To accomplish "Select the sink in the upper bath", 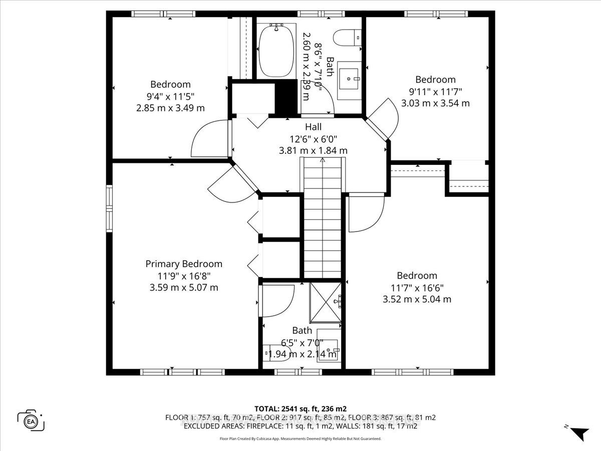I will click(349, 80).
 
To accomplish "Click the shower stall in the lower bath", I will click(326, 302).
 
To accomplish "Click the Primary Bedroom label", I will click(184, 264).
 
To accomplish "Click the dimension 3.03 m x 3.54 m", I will click(435, 103).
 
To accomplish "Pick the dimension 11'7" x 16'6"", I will click(417, 288).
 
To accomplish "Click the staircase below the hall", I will click(322, 218).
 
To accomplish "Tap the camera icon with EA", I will click(31, 420).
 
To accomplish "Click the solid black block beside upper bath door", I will click(286, 98).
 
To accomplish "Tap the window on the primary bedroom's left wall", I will click(109, 209).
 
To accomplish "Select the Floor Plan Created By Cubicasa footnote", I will click(300, 438).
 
